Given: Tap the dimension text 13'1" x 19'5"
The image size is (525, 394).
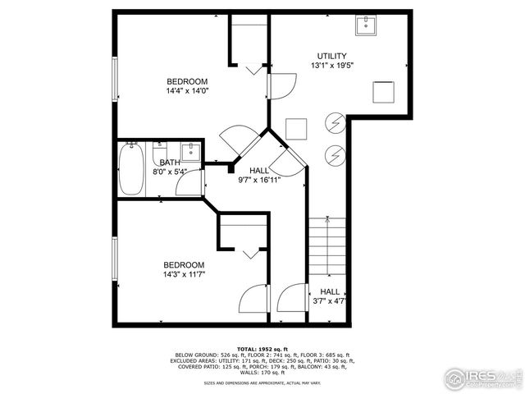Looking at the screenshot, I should [332, 66].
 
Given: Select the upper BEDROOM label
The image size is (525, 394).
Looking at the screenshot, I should [187, 81].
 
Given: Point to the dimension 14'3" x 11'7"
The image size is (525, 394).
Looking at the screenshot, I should [183, 274].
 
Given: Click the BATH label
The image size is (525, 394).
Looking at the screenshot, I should [170, 163].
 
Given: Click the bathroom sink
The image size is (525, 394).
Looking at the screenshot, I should [189, 151].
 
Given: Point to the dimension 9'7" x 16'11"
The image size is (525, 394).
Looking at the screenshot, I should [259, 180].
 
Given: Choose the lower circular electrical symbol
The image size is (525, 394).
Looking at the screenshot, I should [335, 153].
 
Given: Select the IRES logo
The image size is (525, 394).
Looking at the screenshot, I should [483, 378].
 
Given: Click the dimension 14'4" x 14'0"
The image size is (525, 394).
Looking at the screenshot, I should [187, 91].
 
